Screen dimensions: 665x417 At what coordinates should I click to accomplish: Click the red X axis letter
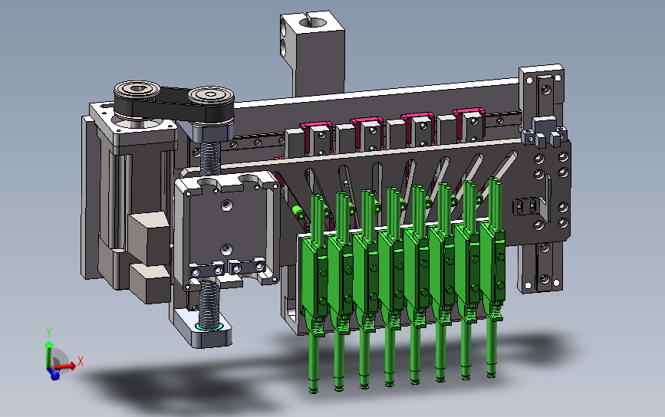point(81,361)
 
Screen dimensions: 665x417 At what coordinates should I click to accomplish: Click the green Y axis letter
point(49,332)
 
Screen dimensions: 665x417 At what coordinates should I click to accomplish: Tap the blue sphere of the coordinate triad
point(54,374)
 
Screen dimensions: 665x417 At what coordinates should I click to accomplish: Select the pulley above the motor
point(137,90)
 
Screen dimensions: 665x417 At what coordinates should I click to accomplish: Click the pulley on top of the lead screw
point(211,96)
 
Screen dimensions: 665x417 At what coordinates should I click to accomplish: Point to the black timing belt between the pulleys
point(174,103)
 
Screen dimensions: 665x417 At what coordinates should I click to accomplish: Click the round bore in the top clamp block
point(314,23)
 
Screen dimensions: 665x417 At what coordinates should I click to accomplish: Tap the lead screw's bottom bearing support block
point(202,327)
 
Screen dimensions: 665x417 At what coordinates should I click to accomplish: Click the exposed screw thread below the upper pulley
point(209,158)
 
